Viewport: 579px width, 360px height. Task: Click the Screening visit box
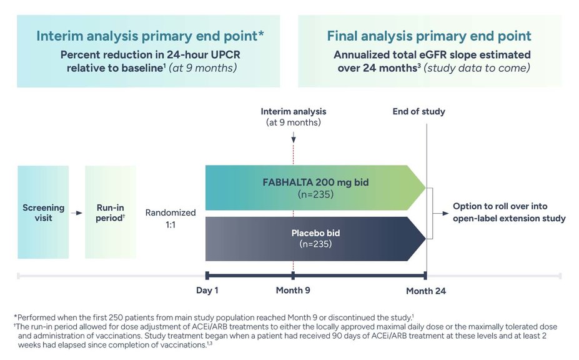coord(43,212)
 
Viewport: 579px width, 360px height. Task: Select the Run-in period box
coord(110,212)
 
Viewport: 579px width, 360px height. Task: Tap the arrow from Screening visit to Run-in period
coord(76,213)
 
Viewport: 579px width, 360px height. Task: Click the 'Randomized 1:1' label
coord(171,218)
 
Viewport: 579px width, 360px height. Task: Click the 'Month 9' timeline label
coord(293,290)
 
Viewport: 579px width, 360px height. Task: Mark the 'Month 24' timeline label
coord(426,291)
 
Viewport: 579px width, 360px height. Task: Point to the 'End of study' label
coord(418,112)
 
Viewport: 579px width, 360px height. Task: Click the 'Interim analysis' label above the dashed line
coord(293,112)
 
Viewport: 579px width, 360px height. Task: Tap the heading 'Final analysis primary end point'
coord(429,36)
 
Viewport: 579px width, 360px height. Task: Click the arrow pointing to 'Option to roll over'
coord(443,213)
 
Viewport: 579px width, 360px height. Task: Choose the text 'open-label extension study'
coord(510,219)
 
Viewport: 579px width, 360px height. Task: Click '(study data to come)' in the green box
coord(477,68)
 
